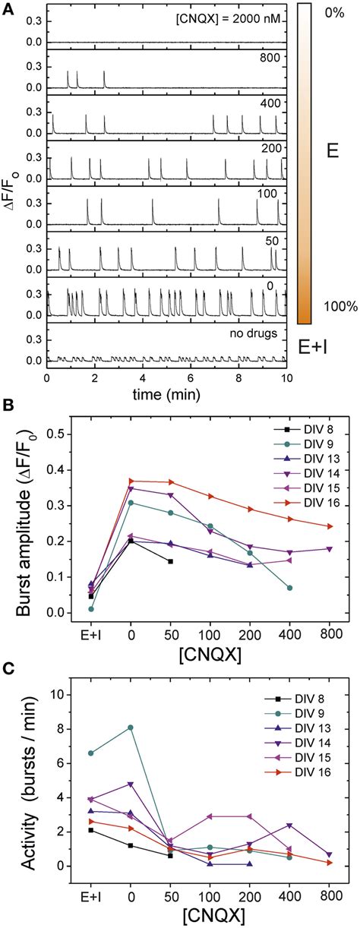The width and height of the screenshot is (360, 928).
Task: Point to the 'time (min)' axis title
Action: click(166, 392)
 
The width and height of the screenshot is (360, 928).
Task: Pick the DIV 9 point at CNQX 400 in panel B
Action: click(290, 588)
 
